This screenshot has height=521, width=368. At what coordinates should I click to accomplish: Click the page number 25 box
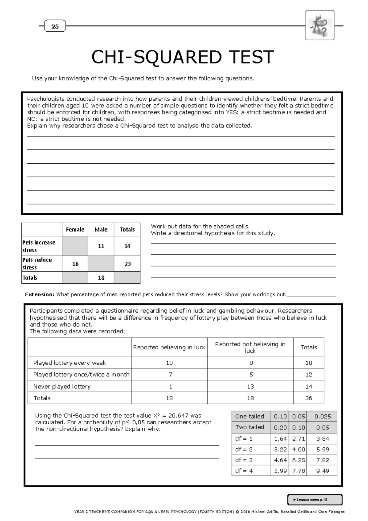pos(55,26)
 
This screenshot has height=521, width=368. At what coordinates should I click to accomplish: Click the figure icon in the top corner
pos(320,25)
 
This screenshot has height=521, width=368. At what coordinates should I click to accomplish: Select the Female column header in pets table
pos(75,230)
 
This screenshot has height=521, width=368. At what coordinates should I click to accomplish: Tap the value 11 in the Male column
pos(101,246)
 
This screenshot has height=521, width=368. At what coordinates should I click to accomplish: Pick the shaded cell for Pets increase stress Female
pos(75,246)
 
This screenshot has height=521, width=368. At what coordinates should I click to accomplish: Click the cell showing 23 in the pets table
pos(128,264)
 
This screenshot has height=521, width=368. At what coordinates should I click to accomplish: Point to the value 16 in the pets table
pos(75,264)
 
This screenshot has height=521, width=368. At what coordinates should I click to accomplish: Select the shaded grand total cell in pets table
pos(127,278)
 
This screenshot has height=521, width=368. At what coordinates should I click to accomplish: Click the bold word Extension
pos(39,294)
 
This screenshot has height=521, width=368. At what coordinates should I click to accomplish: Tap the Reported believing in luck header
pos(169,347)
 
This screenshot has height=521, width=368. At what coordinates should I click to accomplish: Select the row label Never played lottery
pos(62,387)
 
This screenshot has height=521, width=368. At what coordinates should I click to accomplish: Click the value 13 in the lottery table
pos(250,387)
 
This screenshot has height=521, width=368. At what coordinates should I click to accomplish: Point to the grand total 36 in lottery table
pos(309,398)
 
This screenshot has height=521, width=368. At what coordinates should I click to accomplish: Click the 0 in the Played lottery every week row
pos(251,363)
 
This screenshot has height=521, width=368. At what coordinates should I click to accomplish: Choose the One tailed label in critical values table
pos(250,416)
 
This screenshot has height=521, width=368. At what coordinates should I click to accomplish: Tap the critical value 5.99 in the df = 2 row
pos(323,449)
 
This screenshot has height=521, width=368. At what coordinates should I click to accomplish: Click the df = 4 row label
pos(244,471)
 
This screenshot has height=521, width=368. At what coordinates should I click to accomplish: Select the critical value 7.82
pos(323,460)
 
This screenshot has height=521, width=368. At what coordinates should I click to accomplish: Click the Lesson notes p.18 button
pos(315,500)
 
